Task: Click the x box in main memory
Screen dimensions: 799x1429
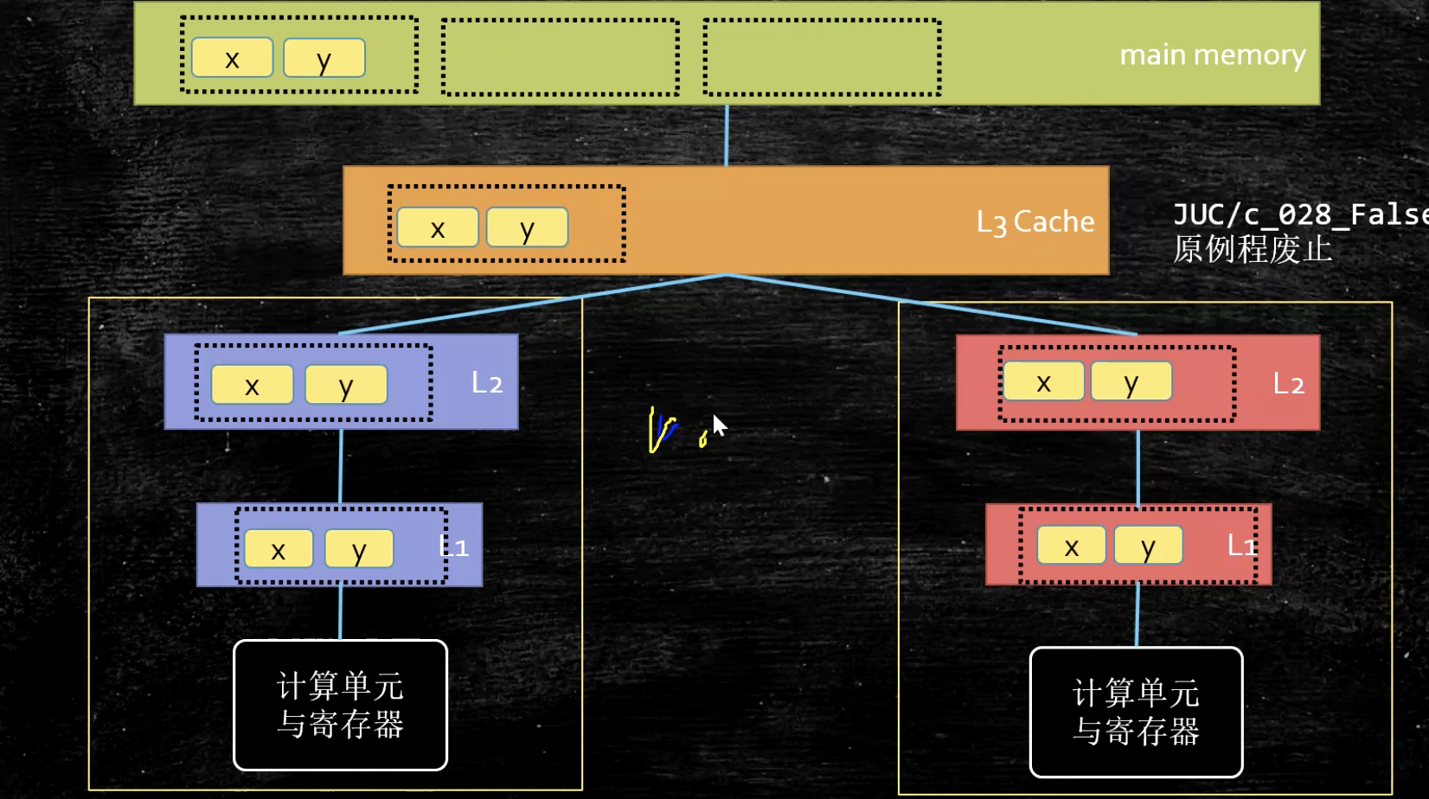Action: (232, 58)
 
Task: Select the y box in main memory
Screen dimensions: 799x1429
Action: (324, 58)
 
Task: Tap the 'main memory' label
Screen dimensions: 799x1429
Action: (1212, 55)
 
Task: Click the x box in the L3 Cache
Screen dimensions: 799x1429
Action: (438, 227)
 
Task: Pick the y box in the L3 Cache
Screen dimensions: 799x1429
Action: (527, 227)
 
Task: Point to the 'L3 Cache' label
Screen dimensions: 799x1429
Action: (1035, 222)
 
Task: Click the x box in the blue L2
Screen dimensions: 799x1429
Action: (252, 385)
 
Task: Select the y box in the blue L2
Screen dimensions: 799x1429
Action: (346, 385)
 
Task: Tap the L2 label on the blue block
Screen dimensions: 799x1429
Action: (487, 383)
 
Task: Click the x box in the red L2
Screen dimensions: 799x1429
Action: (1043, 381)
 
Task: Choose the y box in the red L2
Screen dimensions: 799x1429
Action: (1131, 381)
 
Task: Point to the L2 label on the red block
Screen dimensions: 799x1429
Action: (1288, 384)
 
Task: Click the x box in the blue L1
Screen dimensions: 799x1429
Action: (279, 549)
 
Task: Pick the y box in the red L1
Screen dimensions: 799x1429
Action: (1148, 546)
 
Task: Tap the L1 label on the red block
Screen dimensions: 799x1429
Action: (1241, 545)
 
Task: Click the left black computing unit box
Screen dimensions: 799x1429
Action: (340, 705)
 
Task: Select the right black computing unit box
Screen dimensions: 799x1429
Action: (1136, 712)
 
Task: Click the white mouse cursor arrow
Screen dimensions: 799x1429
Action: (719, 426)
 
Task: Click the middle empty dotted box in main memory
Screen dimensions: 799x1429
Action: (560, 57)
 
